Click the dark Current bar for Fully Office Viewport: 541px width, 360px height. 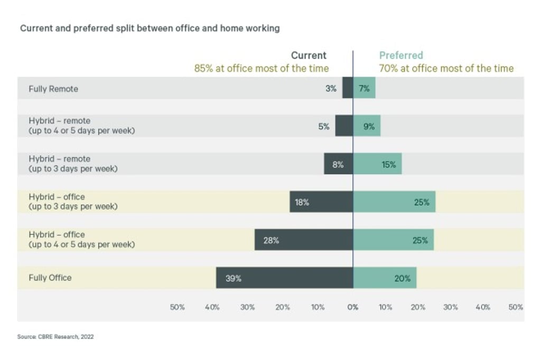click(x=284, y=278)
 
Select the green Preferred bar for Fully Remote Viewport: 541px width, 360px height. click(x=365, y=88)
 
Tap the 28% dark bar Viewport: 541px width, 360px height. click(x=304, y=240)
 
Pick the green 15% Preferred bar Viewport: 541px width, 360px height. click(x=377, y=164)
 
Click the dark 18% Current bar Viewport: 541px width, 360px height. click(x=321, y=202)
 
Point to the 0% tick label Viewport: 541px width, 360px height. click(x=353, y=307)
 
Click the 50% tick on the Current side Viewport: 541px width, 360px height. click(x=177, y=307)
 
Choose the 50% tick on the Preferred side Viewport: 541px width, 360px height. click(x=516, y=307)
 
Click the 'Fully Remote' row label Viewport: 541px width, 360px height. click(x=53, y=89)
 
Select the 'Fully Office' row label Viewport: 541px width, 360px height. click(x=50, y=278)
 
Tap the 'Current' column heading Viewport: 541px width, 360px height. click(x=309, y=55)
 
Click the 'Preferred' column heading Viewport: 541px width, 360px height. click(x=401, y=55)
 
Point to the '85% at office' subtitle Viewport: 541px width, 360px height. click(x=262, y=68)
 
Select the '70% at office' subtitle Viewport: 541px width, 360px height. click(x=446, y=68)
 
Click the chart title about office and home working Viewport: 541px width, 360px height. click(x=150, y=29)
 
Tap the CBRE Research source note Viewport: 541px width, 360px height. click(x=55, y=336)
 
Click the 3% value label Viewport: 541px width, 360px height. click(x=331, y=89)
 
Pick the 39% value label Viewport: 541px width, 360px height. click(x=234, y=278)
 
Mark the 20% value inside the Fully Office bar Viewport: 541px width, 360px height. click(x=402, y=278)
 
